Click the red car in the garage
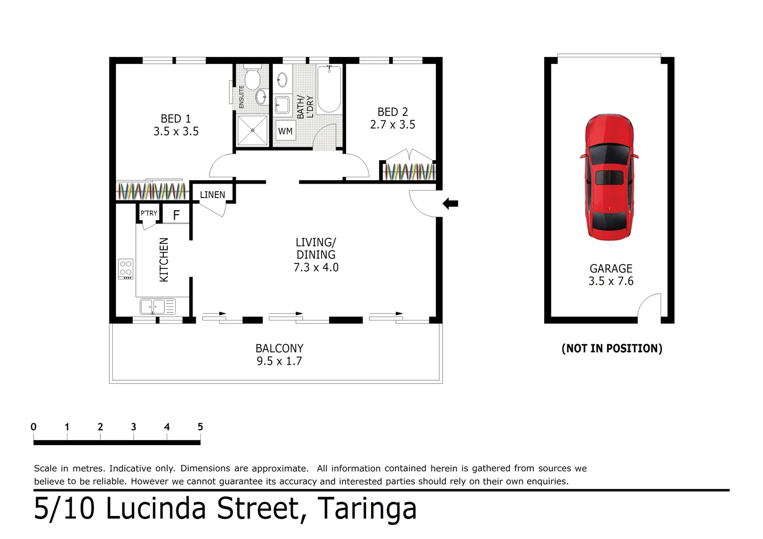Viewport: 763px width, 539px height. coord(609,177)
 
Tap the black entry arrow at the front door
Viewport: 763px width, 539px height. coord(450,203)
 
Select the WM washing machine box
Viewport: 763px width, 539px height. coord(285,131)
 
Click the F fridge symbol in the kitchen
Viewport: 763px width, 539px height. coord(176,215)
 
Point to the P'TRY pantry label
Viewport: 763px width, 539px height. coord(148,213)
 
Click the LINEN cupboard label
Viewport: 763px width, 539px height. coord(212,195)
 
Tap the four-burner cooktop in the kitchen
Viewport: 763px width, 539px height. coord(126,269)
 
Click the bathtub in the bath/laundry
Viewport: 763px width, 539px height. coord(329,89)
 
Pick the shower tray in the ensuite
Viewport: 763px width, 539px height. coord(253,130)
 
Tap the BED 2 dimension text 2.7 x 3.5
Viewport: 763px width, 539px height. coord(392,125)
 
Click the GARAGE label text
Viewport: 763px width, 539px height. coord(611,269)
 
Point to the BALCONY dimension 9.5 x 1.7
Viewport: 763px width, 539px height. coord(279,361)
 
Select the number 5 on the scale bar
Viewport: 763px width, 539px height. coord(200,427)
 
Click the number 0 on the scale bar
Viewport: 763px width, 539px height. coord(33,427)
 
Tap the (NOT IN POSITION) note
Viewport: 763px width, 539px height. coord(612,348)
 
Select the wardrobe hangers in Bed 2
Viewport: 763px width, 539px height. coord(408,172)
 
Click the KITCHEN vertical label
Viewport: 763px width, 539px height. coord(164,260)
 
